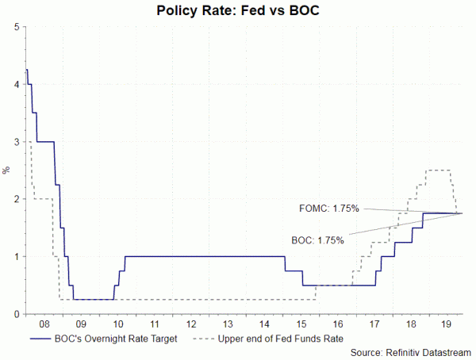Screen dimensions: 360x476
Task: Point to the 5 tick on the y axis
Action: click(16, 27)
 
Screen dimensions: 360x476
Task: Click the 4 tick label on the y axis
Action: click(16, 84)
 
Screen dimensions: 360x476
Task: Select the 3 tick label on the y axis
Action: click(16, 142)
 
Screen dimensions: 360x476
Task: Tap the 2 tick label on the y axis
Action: click(16, 199)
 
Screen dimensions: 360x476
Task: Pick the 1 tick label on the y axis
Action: click(16, 257)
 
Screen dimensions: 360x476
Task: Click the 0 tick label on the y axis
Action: click(16, 314)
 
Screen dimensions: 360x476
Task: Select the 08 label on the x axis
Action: click(44, 324)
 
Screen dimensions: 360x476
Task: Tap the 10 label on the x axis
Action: click(117, 324)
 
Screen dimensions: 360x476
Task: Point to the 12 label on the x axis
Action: click(190, 324)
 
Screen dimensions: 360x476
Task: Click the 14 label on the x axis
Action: click(264, 324)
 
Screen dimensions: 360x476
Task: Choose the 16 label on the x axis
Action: click(337, 324)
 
